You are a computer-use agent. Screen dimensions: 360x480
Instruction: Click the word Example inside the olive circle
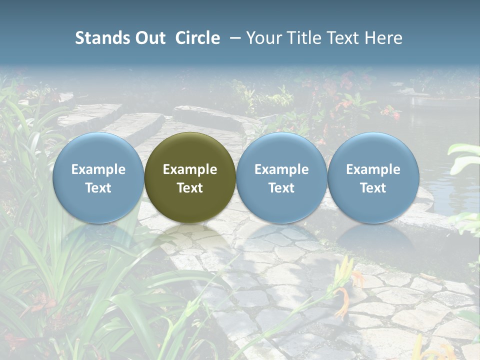click(x=190, y=169)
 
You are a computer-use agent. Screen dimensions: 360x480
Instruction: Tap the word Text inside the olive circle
click(x=190, y=188)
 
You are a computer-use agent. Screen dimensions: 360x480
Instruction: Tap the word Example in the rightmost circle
click(x=373, y=169)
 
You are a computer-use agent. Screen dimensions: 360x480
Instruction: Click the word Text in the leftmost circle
click(x=98, y=188)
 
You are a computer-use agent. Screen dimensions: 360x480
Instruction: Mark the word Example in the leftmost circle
click(x=98, y=169)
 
